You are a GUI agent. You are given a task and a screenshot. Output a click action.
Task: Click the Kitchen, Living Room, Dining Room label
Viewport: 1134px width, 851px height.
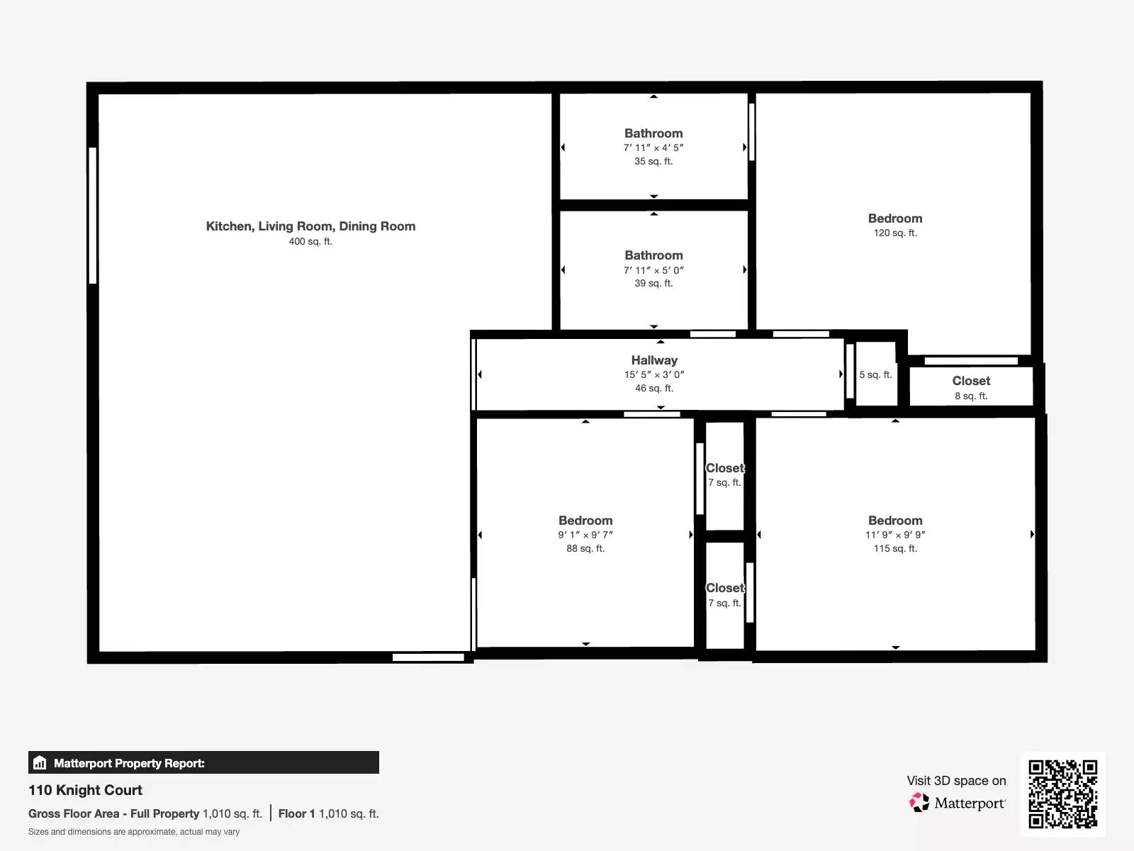point(310,226)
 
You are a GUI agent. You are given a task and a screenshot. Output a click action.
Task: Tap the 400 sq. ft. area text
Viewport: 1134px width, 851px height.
point(310,241)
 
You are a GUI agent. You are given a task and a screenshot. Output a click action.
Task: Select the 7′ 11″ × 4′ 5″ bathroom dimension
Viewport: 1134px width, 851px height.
point(653,148)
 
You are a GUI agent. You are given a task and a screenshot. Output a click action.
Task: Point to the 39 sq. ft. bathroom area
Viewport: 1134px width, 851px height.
point(653,283)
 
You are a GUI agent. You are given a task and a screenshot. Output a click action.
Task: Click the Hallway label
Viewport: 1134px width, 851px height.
point(654,360)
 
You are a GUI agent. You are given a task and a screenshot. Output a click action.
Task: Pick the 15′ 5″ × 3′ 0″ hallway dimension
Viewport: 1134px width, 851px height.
point(654,374)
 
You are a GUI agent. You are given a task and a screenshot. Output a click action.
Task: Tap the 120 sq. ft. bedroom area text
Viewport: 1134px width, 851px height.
point(895,233)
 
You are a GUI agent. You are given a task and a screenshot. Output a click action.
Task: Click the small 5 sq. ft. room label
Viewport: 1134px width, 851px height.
point(876,374)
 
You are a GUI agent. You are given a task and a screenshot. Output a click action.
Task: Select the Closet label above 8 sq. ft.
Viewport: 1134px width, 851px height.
point(971,381)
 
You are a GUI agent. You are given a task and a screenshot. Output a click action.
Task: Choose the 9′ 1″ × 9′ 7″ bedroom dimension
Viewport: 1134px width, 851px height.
point(585,535)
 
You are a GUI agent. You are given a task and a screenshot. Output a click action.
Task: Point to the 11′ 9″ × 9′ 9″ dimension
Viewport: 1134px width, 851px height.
point(895,535)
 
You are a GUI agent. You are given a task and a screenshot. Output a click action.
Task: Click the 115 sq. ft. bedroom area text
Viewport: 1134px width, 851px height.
point(895,548)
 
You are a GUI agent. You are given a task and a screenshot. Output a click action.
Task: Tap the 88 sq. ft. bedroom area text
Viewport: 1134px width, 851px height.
point(585,548)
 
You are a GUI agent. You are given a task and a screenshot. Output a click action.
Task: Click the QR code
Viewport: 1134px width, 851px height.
point(1062,794)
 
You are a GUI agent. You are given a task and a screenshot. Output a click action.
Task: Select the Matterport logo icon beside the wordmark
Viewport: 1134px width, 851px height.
point(919,803)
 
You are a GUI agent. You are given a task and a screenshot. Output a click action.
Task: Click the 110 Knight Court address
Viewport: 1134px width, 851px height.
point(85,790)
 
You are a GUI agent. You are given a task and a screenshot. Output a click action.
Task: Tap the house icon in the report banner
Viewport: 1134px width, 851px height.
point(40,762)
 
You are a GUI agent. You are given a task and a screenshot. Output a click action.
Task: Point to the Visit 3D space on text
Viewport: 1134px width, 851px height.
point(956,781)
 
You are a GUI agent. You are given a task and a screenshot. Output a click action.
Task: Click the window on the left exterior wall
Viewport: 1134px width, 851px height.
point(93,216)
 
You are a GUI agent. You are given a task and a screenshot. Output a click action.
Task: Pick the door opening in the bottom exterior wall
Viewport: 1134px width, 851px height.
point(428,657)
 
